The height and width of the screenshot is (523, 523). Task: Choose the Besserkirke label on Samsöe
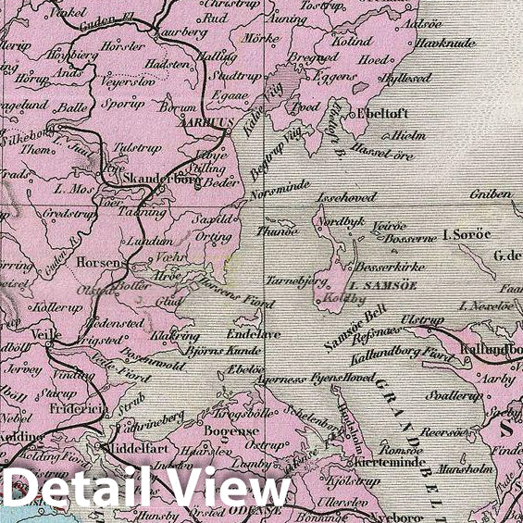click(390, 267)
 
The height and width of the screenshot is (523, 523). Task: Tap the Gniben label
click(490, 194)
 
